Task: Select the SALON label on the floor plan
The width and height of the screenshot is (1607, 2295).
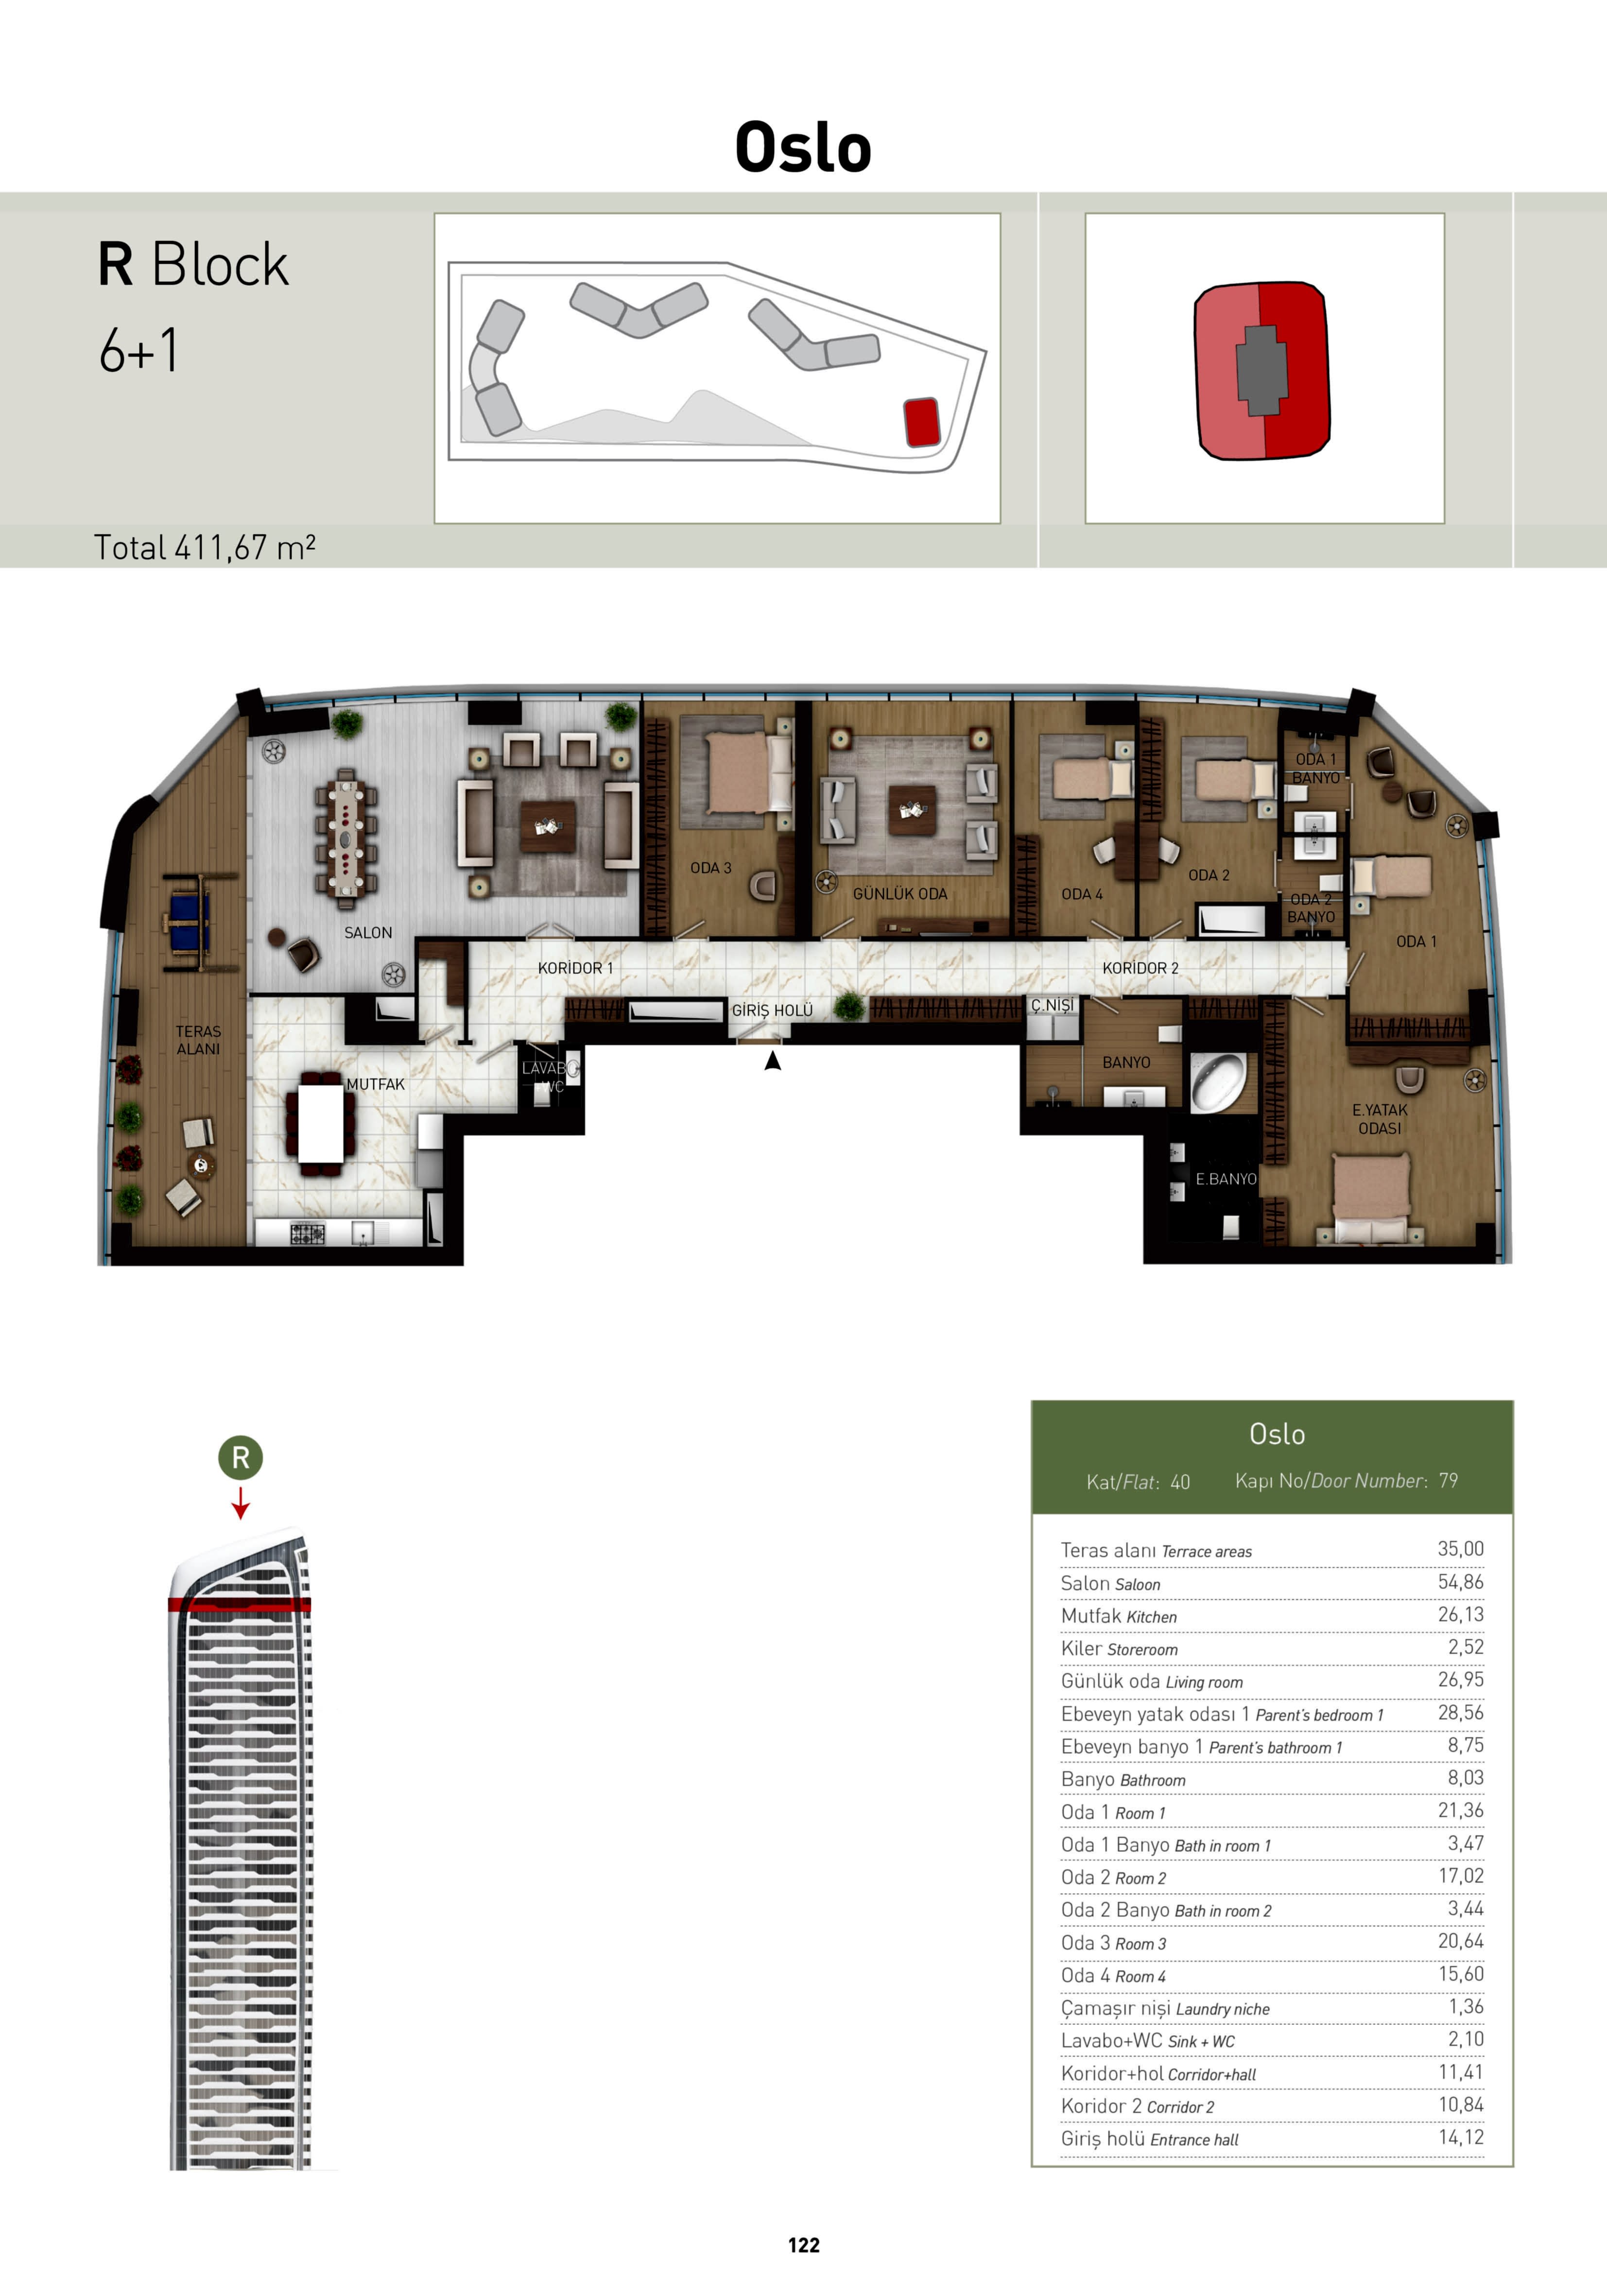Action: coord(368,933)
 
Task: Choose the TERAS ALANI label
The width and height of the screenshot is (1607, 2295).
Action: coord(198,1040)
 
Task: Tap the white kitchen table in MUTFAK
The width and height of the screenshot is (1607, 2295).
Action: coord(321,1123)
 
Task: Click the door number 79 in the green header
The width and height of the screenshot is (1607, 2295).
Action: coord(1448,1480)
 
